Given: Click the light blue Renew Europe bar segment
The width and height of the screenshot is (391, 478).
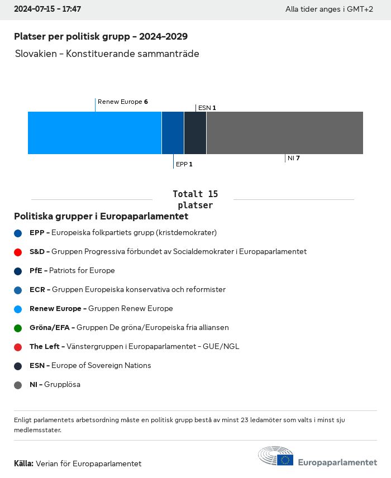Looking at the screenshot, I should pyautogui.click(x=94, y=133).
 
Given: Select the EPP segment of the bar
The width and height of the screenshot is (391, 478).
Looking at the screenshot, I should pyautogui.click(x=173, y=133).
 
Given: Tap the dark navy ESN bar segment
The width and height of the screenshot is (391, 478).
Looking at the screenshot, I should pyautogui.click(x=195, y=133).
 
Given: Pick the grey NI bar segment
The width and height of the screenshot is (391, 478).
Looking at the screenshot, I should pyautogui.click(x=284, y=133).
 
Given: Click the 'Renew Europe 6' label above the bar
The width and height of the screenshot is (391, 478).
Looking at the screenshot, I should pyautogui.click(x=122, y=102).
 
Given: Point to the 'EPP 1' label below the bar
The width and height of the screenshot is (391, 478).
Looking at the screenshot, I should pyautogui.click(x=184, y=164).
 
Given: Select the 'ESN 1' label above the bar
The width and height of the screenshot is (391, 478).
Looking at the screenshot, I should pyautogui.click(x=207, y=107).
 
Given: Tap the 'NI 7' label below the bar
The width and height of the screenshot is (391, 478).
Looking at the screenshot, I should pyautogui.click(x=294, y=158).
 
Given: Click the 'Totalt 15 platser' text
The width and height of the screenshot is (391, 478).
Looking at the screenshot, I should pyautogui.click(x=195, y=199).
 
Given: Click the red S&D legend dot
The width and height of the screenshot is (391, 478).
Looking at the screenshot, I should pyautogui.click(x=18, y=252).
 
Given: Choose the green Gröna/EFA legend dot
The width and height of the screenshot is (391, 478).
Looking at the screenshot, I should pyautogui.click(x=18, y=328).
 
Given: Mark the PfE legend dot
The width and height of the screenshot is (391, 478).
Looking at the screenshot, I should pyautogui.click(x=18, y=271).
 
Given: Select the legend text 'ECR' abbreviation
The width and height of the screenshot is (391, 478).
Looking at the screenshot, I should pyautogui.click(x=37, y=289).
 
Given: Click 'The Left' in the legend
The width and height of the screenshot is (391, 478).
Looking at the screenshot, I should pyautogui.click(x=44, y=346).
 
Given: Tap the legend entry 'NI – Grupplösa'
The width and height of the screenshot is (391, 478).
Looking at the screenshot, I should pyautogui.click(x=55, y=384).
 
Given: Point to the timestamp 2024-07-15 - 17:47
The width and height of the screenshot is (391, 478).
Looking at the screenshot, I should pyautogui.click(x=47, y=9).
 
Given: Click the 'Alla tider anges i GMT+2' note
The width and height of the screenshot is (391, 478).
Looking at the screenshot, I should pyautogui.click(x=329, y=9).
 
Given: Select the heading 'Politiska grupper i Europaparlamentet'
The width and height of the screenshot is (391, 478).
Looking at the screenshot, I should pyautogui.click(x=101, y=216).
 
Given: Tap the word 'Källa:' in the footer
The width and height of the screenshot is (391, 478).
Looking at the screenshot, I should pyautogui.click(x=23, y=463).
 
